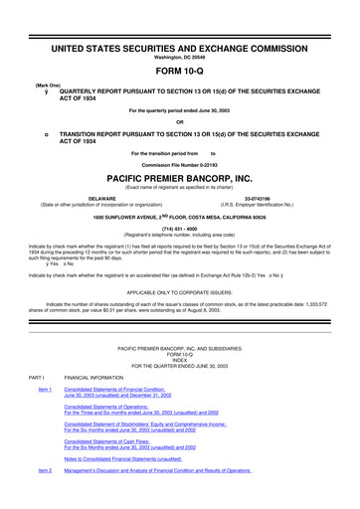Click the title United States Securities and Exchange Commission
pos(179,20)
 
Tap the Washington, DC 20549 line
pos(179,32)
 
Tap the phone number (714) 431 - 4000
pos(179,226)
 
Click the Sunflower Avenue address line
pos(179,214)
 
